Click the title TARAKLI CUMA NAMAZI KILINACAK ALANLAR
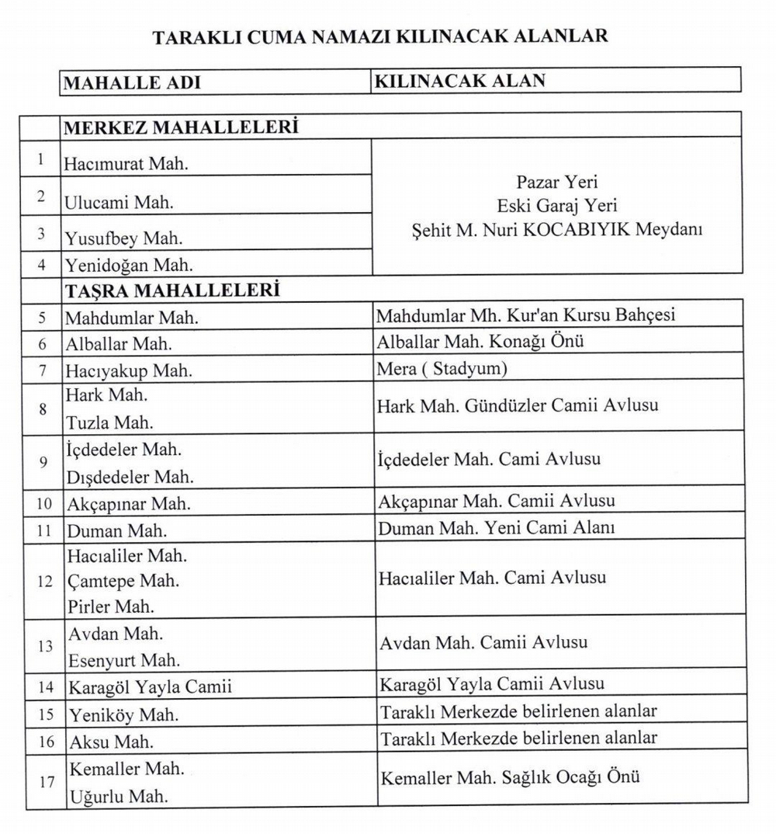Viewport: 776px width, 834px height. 380,37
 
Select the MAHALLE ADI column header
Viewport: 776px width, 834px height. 132,82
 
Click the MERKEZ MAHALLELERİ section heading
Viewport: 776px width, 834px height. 181,127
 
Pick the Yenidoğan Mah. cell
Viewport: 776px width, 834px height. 129,266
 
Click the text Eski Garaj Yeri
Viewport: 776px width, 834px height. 557,206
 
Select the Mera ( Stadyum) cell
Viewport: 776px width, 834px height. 442,369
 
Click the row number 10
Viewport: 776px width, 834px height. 45,504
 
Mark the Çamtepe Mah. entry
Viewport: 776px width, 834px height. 123,581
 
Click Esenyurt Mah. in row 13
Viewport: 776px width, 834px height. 124,661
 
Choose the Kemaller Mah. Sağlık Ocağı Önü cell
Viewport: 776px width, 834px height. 510,776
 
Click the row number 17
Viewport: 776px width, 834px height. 46,782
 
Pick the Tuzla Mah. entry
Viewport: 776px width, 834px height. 109,423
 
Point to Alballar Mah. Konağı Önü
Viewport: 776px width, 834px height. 480,342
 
